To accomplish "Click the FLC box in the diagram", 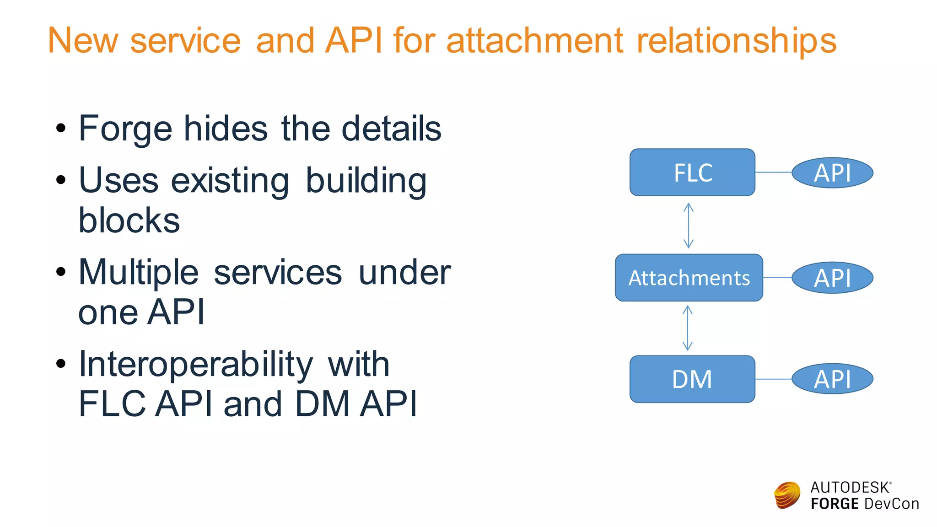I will pos(692,172).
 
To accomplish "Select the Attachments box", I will pos(689,278).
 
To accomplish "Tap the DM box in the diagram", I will pos(692,379).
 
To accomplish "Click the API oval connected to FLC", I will pos(832,173).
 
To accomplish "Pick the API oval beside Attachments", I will pos(832,278).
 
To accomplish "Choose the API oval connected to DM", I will pos(832,379).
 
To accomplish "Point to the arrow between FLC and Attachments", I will pos(689,226).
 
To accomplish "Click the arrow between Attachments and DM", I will pos(688,328).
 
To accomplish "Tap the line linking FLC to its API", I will pos(773,172).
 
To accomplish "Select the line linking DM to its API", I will pos(773,379).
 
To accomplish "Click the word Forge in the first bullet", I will pos(125,129).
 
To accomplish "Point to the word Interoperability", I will pos(196,365).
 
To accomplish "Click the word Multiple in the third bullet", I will pos(138,273).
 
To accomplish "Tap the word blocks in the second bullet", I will pos(129,221).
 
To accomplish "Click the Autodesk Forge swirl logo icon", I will pos(787,495).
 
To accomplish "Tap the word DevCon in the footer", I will pos(891,504).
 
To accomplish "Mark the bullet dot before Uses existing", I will pos(61,180).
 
